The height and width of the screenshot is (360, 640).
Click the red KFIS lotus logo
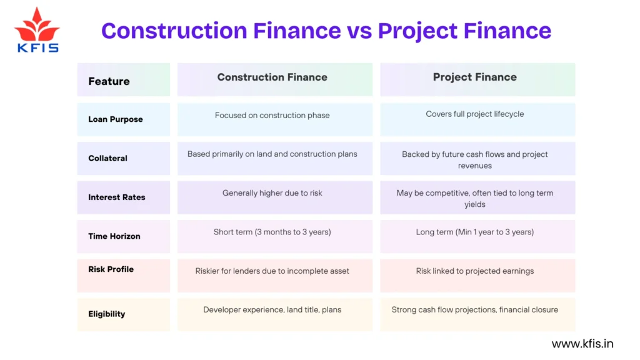coord(37,30)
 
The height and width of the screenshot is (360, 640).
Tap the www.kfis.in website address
coord(582,344)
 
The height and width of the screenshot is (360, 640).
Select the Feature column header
coord(109,81)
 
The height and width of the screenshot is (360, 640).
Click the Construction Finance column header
coord(272,77)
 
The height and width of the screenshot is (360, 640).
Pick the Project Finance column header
coord(474,77)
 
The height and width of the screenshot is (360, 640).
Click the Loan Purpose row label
coord(115,119)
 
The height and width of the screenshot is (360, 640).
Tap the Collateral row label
coord(107,158)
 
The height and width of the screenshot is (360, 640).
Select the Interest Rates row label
coord(116,197)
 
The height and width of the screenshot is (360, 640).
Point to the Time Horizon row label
coord(114,236)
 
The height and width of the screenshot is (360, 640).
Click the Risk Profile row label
coord(111,269)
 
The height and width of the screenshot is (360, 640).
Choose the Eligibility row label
coord(106,314)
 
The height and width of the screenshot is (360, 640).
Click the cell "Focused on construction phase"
coord(272,115)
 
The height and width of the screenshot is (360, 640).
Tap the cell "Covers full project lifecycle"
coord(474,114)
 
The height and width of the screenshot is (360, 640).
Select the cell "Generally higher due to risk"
coord(272,193)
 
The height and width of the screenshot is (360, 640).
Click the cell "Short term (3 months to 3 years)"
coord(272,232)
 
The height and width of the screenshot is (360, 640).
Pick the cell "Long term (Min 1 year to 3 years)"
coord(474,232)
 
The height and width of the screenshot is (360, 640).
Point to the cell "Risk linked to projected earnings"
coord(474,271)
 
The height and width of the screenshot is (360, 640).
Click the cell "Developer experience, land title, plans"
coord(272,309)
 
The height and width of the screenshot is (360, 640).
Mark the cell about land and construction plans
coord(272,154)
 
